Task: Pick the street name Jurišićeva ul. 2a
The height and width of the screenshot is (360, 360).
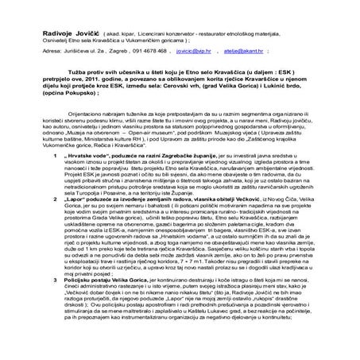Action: tap(82, 48)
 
